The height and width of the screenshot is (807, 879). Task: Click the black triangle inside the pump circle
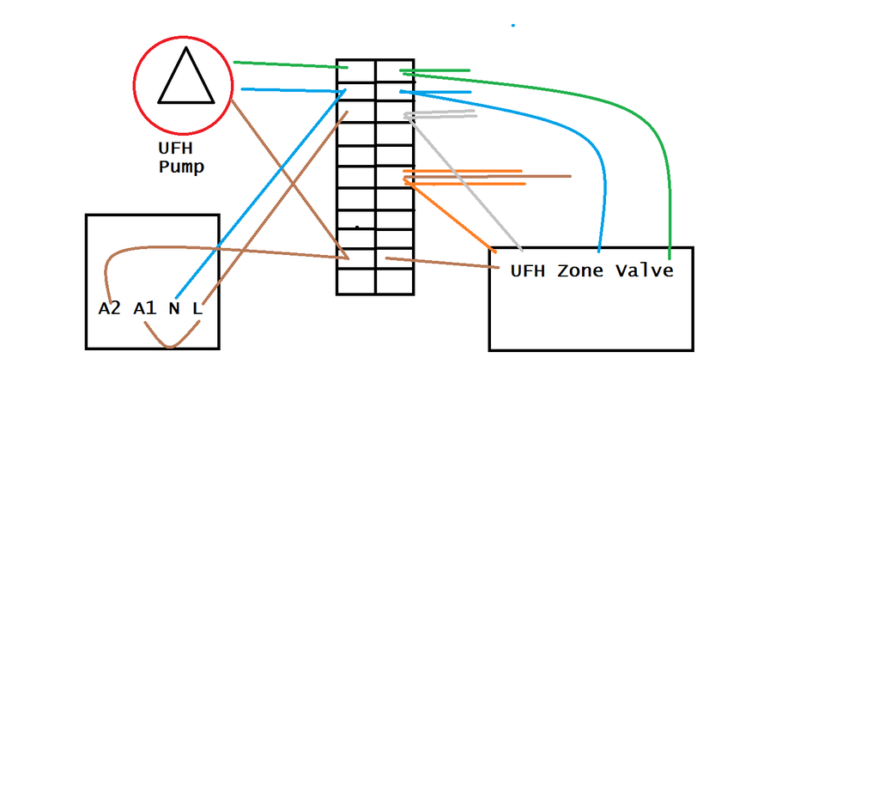click(185, 80)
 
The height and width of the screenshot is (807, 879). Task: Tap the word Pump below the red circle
click(181, 167)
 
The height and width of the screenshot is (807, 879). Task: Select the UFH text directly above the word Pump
click(175, 149)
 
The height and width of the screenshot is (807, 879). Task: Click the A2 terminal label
click(109, 308)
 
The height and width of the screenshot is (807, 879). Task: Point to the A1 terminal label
click(145, 308)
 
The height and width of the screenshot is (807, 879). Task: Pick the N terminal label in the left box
click(174, 308)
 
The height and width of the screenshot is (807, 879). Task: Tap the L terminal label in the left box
click(197, 308)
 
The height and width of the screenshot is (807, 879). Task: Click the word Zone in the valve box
click(580, 271)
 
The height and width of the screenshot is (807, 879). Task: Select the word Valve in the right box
click(644, 271)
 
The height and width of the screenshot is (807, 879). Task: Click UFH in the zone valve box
click(527, 271)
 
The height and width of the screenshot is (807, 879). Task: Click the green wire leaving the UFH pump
click(288, 64)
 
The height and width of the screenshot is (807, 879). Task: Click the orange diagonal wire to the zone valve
click(451, 215)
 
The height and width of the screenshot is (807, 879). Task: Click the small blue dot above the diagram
click(513, 25)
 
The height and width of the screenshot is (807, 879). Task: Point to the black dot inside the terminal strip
click(357, 228)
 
